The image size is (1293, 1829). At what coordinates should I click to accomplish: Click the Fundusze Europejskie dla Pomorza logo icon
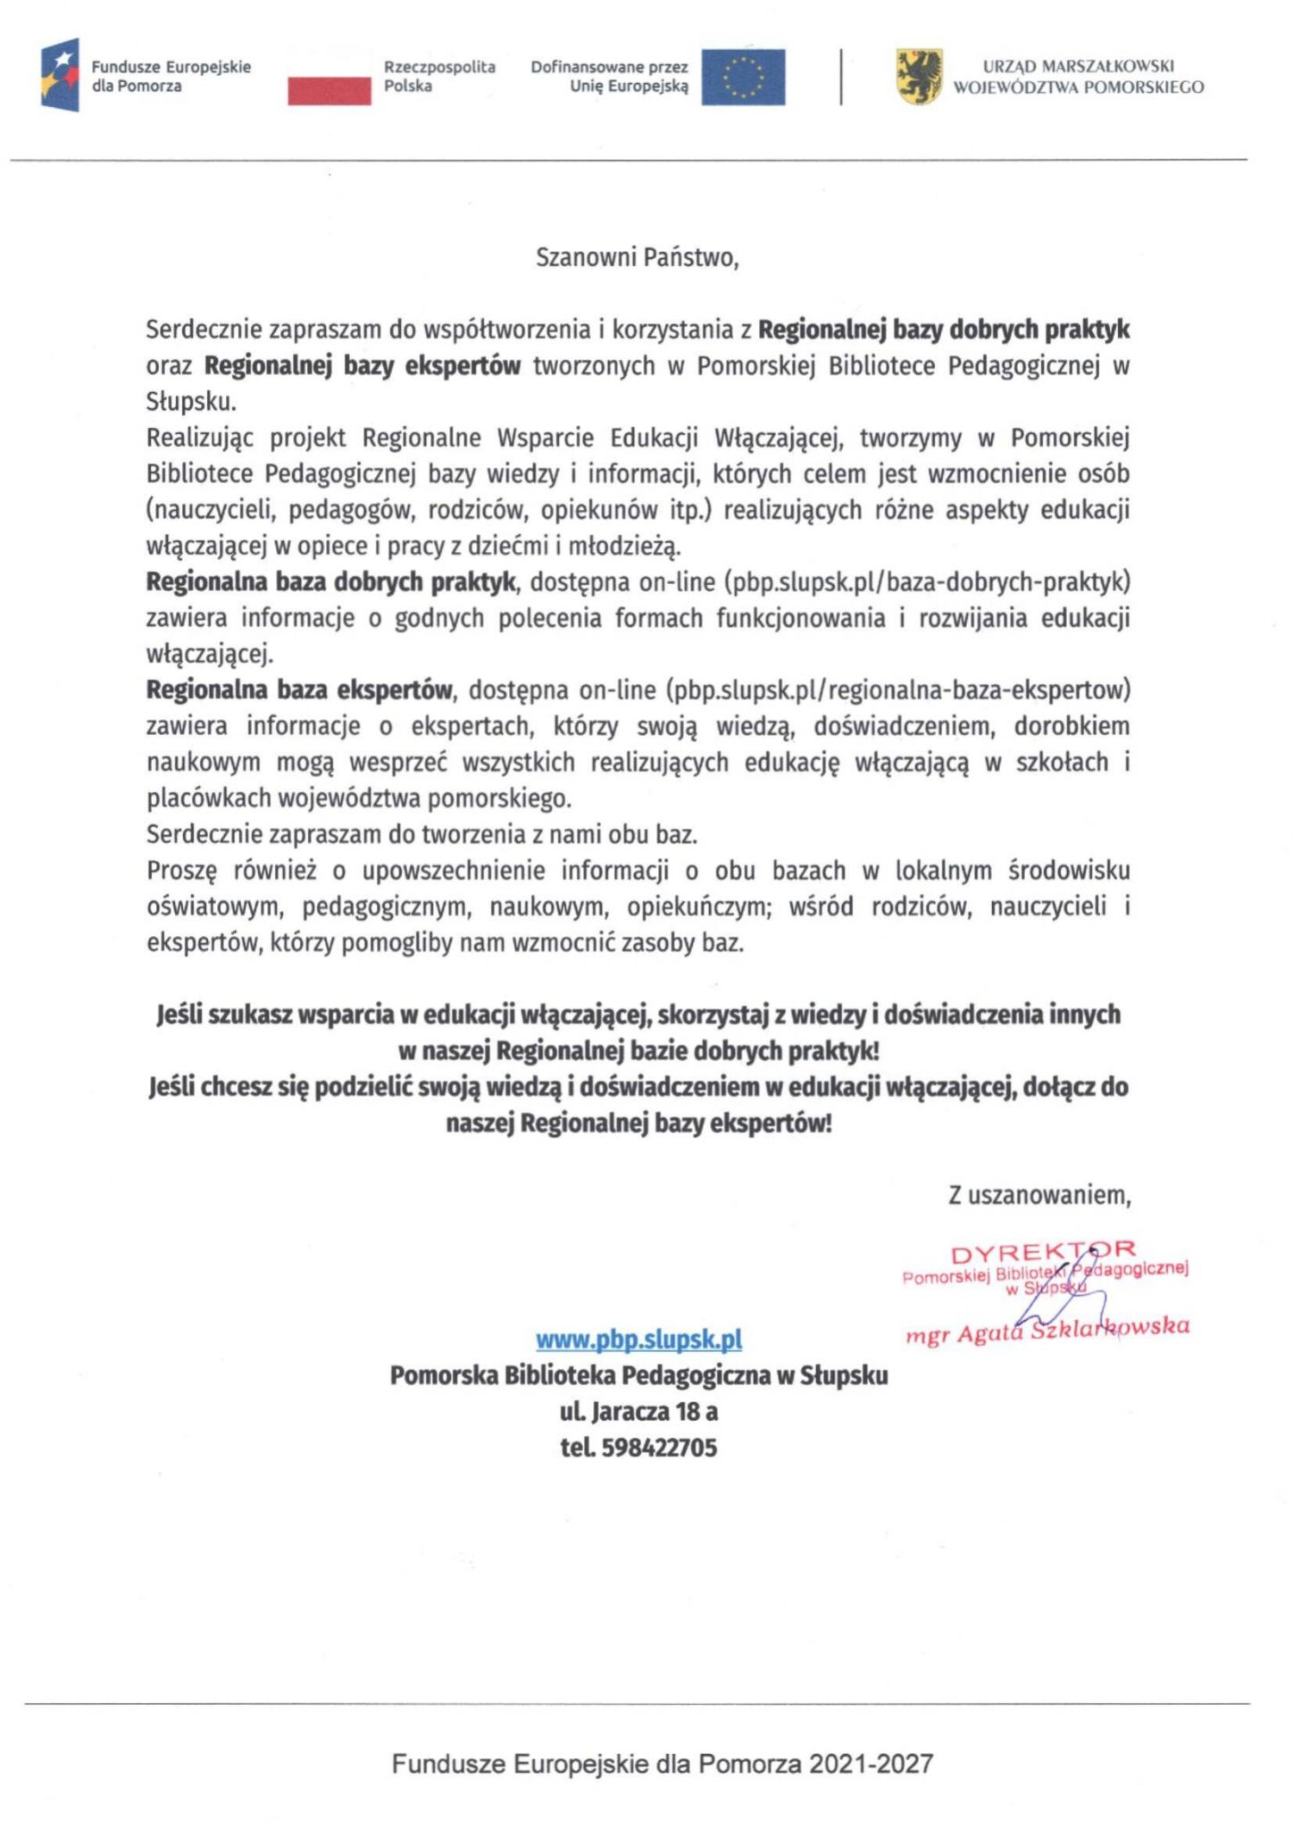click(x=60, y=75)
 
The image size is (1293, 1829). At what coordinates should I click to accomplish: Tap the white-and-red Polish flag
click(x=329, y=77)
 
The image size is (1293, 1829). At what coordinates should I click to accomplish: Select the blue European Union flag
click(x=742, y=77)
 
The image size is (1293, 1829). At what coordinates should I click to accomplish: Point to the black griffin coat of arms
click(x=919, y=77)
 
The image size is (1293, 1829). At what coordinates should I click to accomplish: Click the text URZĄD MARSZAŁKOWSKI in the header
click(x=1078, y=66)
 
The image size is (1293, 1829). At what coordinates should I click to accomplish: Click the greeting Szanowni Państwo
click(x=637, y=258)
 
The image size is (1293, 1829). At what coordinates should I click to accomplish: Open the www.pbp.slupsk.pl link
click(x=638, y=1339)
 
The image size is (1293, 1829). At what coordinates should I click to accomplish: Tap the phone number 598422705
click(x=659, y=1448)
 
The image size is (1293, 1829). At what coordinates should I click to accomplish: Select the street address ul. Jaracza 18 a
click(x=638, y=1411)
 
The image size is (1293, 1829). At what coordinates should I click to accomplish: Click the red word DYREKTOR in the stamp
click(x=1042, y=1252)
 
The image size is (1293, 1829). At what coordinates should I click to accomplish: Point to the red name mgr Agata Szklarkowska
click(x=1047, y=1330)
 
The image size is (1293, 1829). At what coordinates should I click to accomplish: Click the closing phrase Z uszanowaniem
click(x=1039, y=1195)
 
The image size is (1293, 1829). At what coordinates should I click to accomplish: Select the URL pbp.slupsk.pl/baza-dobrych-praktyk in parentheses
click(x=929, y=582)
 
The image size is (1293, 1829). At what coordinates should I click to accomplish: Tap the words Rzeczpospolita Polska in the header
click(x=438, y=76)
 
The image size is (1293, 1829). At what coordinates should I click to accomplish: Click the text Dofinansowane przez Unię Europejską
click(x=610, y=76)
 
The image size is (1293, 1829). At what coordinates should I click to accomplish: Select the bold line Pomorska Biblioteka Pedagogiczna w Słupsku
click(x=638, y=1375)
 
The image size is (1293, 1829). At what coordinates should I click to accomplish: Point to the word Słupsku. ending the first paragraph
click(x=191, y=402)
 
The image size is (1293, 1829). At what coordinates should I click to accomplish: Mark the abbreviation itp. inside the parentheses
click(x=690, y=510)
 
